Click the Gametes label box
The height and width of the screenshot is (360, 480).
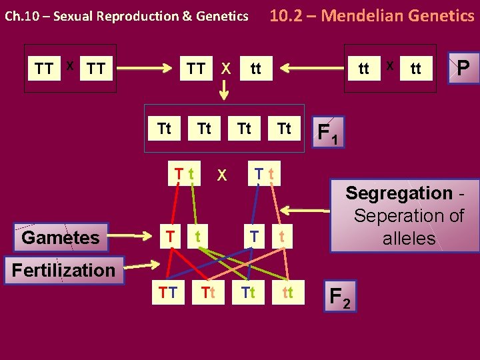point(60,237)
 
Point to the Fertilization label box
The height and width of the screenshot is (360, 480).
point(63,270)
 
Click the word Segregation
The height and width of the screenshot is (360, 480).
point(399,194)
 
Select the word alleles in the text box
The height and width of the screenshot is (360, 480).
point(409,239)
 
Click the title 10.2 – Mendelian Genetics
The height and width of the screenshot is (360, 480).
point(371,15)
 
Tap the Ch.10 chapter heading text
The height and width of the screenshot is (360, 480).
point(126,16)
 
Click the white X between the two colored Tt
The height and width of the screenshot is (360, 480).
point(222,175)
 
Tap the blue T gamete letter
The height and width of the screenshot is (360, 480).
point(253,235)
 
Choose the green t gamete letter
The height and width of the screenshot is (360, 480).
point(198,235)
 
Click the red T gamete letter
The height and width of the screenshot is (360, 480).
point(171,235)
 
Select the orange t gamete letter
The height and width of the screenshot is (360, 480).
point(282,235)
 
